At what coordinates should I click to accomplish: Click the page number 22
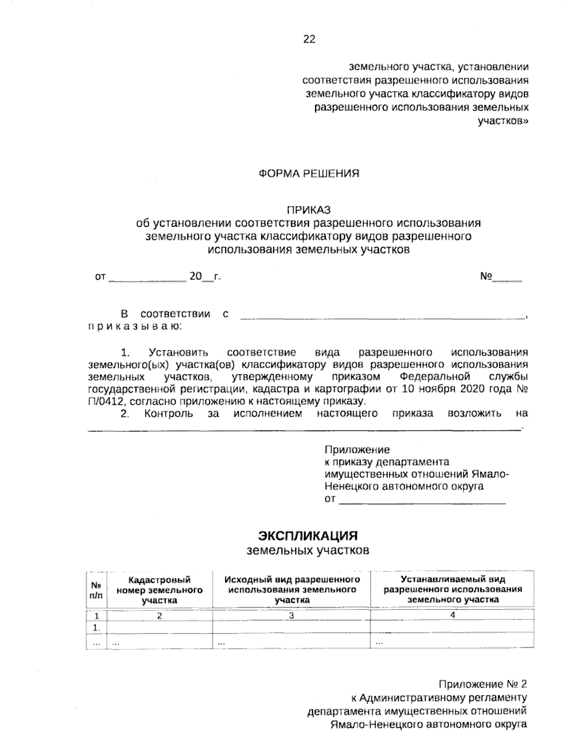(x=309, y=40)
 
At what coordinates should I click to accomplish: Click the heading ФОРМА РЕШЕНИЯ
(x=309, y=174)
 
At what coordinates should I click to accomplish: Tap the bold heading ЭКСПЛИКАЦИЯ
(x=308, y=536)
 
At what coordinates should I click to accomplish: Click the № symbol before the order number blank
(x=486, y=277)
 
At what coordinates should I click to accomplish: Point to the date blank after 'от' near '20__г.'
(x=147, y=278)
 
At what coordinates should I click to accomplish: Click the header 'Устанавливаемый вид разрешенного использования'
(x=452, y=589)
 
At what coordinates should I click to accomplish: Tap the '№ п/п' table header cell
(x=96, y=589)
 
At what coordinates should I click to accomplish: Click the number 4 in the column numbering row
(x=452, y=615)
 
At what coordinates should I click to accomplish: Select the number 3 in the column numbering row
(x=291, y=615)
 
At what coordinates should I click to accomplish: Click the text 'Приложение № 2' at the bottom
(x=483, y=684)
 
